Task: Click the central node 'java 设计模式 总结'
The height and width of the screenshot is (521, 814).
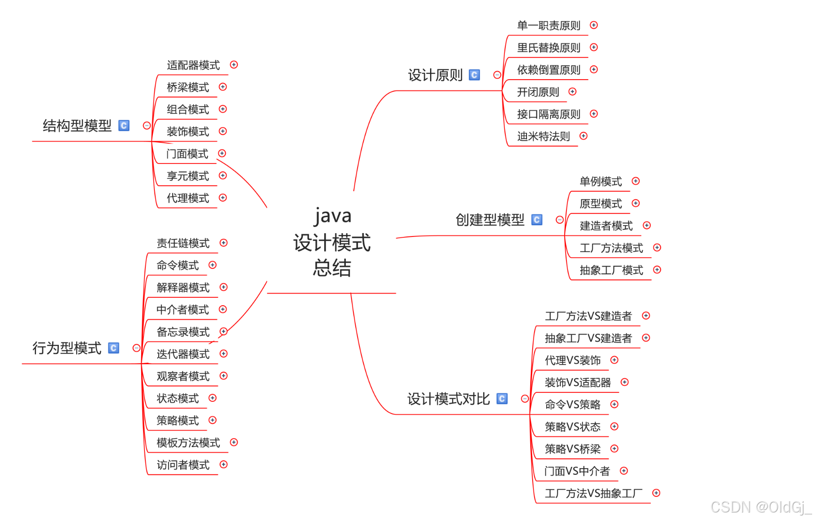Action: pyautogui.click(x=332, y=242)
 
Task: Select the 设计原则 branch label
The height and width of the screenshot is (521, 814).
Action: pyautogui.click(x=435, y=75)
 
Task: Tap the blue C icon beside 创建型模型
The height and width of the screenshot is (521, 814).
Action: pyautogui.click(x=537, y=220)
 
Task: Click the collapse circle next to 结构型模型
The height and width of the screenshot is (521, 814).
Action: pyautogui.click(x=147, y=126)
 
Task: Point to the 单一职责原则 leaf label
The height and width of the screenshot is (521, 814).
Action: pyautogui.click(x=549, y=25)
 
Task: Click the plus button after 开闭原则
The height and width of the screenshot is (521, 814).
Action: pyautogui.click(x=573, y=92)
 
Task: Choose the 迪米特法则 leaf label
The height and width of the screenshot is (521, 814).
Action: pyautogui.click(x=543, y=137)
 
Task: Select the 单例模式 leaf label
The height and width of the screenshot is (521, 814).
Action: pyautogui.click(x=600, y=181)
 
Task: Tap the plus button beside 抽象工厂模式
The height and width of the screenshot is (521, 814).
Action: pyautogui.click(x=657, y=270)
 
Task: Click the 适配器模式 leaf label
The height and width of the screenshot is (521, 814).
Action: pyautogui.click(x=193, y=65)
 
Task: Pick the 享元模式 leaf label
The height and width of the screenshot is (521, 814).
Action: pyautogui.click(x=188, y=176)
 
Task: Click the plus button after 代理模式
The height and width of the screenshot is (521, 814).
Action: pyautogui.click(x=223, y=198)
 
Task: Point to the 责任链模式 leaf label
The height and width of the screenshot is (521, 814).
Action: pyautogui.click(x=183, y=243)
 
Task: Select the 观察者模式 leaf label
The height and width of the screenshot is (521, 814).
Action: pyautogui.click(x=183, y=376)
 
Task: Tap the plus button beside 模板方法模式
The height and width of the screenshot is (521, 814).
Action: pyautogui.click(x=234, y=442)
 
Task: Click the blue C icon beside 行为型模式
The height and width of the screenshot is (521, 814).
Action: pyautogui.click(x=113, y=348)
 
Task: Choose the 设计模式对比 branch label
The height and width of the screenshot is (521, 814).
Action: pyautogui.click(x=448, y=399)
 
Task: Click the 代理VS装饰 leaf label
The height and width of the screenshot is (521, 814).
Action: pyautogui.click(x=573, y=360)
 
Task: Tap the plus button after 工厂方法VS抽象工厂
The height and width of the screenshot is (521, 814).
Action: pyautogui.click(x=656, y=493)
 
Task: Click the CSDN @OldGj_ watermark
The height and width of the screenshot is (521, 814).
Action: pyautogui.click(x=761, y=507)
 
